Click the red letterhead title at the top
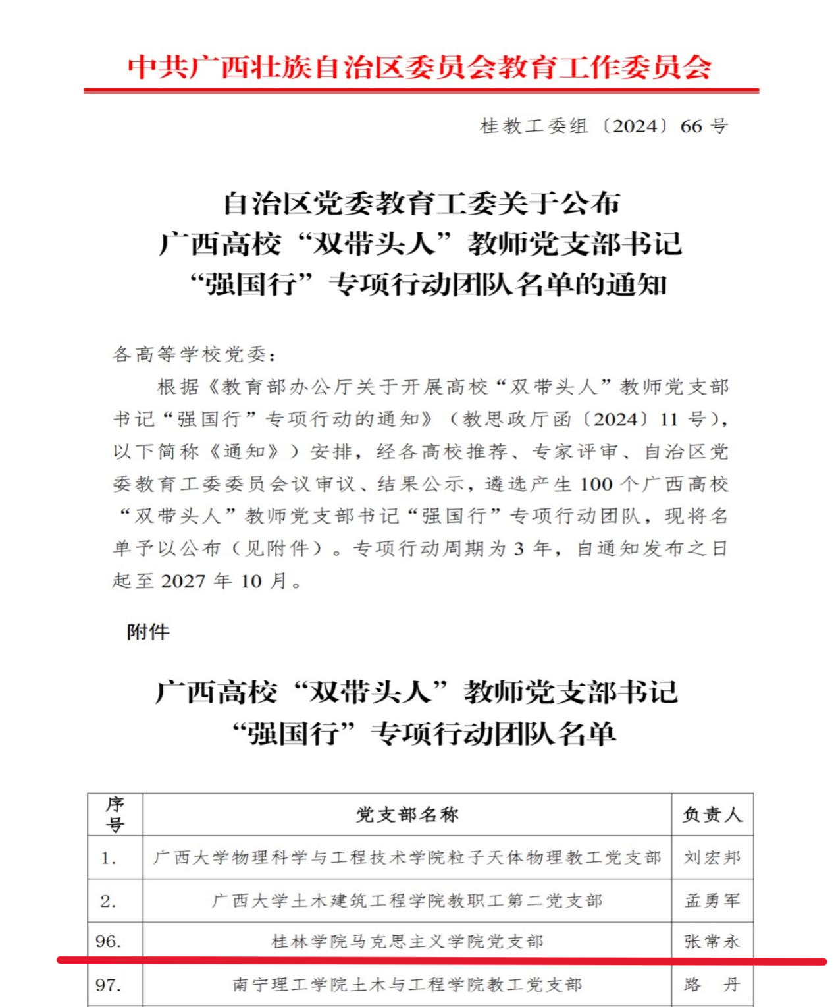pyautogui.click(x=419, y=68)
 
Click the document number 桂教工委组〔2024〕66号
pyautogui.click(x=604, y=126)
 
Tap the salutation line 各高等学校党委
pyautogui.click(x=194, y=354)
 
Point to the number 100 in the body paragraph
pyautogui.click(x=596, y=484)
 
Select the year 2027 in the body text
pyautogui.click(x=183, y=581)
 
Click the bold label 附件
pyautogui.click(x=148, y=632)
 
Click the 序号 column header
pyautogui.click(x=115, y=815)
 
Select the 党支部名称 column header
pyautogui.click(x=407, y=815)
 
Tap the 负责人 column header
pyautogui.click(x=712, y=815)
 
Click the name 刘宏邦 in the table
pyautogui.click(x=712, y=857)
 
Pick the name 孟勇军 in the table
pyautogui.click(x=712, y=900)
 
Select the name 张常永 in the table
pyautogui.click(x=712, y=942)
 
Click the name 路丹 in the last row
pyautogui.click(x=712, y=985)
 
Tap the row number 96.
pyautogui.click(x=109, y=942)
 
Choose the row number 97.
pyautogui.click(x=109, y=985)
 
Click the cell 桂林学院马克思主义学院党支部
pyautogui.click(x=407, y=942)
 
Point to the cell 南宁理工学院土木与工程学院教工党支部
pyautogui.click(x=407, y=985)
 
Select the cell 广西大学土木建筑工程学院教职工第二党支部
pyautogui.click(x=407, y=900)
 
